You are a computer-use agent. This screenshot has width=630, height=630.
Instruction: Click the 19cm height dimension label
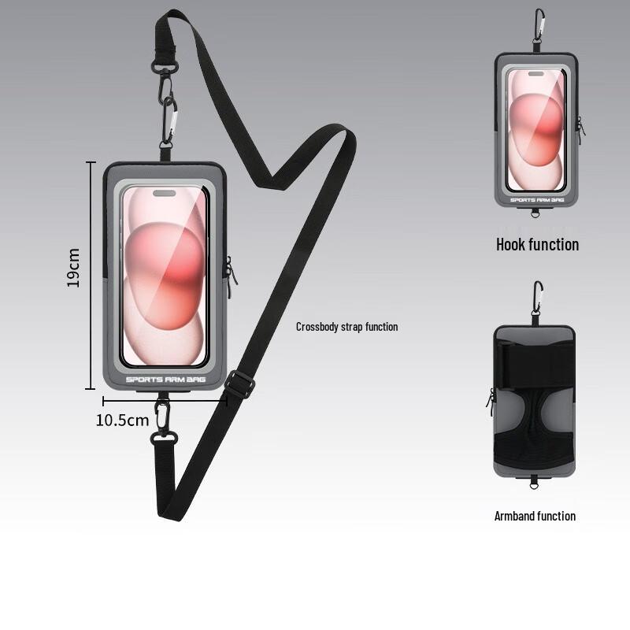[x=73, y=268]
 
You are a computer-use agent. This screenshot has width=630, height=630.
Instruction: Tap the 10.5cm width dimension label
[x=122, y=421]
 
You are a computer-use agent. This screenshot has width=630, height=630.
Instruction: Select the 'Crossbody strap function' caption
[x=346, y=327]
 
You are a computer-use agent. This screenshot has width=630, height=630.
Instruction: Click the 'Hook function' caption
[x=537, y=244]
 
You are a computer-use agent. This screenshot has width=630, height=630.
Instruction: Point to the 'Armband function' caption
[x=535, y=516]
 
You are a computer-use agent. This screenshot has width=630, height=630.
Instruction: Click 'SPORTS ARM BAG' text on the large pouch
[x=165, y=380]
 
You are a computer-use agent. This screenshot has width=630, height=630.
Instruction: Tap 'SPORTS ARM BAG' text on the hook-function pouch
[x=537, y=200]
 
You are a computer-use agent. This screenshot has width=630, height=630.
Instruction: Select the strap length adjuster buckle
[x=239, y=384]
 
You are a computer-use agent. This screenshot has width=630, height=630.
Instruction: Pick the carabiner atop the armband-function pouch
[x=538, y=297]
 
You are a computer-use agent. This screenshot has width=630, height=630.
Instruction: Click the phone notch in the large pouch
[x=165, y=194]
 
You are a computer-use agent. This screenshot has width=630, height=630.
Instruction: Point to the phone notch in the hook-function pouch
[x=535, y=74]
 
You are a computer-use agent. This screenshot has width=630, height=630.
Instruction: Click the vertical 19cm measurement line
[x=91, y=276]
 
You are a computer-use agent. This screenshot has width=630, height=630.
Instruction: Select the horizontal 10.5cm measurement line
[x=165, y=401]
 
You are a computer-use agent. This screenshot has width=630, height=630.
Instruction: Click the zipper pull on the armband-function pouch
[x=490, y=398]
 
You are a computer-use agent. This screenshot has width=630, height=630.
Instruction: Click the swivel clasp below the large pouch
[x=163, y=425]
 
